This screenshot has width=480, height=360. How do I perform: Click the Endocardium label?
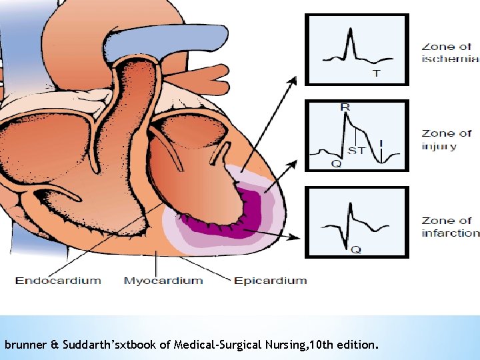[58, 280]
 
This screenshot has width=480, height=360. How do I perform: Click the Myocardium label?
[163, 280]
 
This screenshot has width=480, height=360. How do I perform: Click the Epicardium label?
[271, 280]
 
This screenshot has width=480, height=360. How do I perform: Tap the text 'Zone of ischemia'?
[450, 53]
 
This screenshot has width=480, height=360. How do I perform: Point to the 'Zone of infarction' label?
[450, 227]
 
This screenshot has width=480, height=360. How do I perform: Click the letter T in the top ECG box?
[376, 73]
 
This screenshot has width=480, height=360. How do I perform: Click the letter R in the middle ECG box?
[345, 107]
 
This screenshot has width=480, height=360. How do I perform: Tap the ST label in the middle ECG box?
[357, 151]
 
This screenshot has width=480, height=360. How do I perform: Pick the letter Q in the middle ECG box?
[337, 163]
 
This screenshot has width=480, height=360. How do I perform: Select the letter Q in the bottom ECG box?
[357, 250]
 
